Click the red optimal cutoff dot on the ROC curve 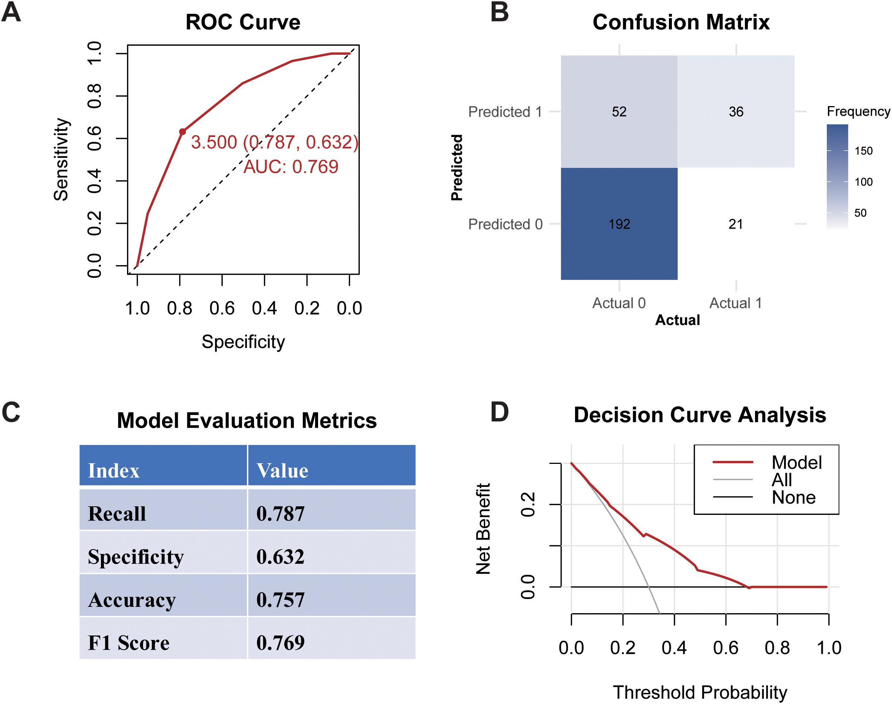coord(182,132)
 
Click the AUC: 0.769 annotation coord(291,167)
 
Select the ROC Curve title coord(243,22)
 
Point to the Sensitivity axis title coord(61,159)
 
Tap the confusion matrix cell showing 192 coord(619,224)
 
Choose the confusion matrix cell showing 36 coord(736,112)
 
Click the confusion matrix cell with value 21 coord(736,224)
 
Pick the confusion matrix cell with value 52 coord(619,112)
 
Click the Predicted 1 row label coord(505,112)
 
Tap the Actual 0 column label coord(619,303)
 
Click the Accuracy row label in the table coord(132,600)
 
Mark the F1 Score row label coord(128,643)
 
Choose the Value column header coord(282,471)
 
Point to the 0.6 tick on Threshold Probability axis coord(726,647)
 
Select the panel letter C coord(11,412)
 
